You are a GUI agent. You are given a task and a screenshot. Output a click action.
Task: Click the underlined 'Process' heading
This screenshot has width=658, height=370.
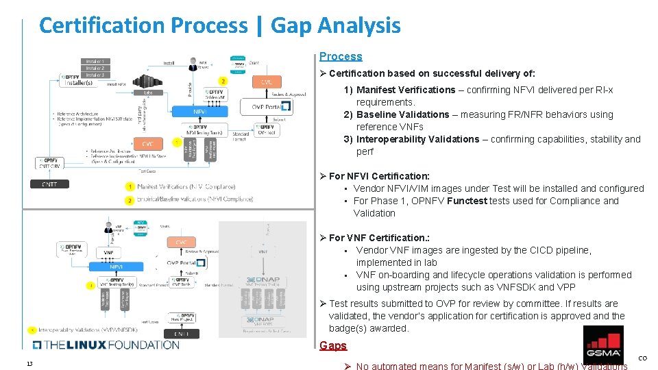(341, 56)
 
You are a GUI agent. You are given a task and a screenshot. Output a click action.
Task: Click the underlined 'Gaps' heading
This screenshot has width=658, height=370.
(333, 345)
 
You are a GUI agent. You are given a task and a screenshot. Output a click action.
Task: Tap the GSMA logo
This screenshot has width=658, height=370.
(602, 345)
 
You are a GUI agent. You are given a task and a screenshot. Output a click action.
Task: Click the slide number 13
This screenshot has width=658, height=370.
(29, 363)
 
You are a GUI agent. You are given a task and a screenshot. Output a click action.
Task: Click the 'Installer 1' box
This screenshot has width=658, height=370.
(95, 62)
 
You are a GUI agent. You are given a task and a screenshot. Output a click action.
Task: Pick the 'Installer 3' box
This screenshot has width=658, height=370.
(95, 75)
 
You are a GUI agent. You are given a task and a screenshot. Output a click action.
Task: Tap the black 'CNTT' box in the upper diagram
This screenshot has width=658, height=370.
(49, 184)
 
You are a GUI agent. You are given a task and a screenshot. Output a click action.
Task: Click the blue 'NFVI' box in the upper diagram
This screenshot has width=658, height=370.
(200, 111)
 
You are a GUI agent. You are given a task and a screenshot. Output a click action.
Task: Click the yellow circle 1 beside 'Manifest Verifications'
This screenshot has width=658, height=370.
(130, 186)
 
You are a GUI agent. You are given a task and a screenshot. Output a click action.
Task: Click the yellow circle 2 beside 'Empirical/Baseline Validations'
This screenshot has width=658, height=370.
(130, 200)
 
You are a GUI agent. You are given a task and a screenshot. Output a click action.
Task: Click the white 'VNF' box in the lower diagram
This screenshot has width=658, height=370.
(108, 253)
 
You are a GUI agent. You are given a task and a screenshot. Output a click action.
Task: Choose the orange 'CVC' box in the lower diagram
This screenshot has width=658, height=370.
(181, 243)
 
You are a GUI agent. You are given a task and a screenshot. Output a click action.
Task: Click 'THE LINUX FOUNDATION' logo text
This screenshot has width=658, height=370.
(106, 345)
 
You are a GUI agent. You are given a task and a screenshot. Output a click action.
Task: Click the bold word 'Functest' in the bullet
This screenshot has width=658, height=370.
(467, 201)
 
